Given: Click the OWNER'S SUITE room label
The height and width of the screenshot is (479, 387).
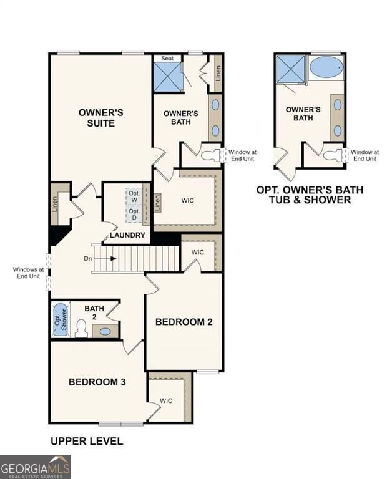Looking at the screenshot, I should (100, 118).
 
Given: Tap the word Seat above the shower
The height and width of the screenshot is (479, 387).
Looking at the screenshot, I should (167, 58).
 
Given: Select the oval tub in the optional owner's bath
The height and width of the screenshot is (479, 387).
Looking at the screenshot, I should (326, 67).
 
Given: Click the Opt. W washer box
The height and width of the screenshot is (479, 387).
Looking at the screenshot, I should (134, 196).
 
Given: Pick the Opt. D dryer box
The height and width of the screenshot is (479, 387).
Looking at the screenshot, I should (134, 214).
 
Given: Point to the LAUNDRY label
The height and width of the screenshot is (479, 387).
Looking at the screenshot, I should (127, 235).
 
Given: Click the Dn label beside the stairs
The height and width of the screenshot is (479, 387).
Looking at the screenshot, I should (88, 258).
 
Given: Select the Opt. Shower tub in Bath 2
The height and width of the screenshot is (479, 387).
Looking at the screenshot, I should (60, 319).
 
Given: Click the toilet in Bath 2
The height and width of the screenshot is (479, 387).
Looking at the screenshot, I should (81, 329).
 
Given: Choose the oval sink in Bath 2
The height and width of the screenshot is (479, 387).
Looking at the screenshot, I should (105, 331).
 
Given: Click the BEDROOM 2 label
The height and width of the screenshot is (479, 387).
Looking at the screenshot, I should (184, 322).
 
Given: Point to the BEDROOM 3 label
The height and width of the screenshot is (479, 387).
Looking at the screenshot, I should (97, 382).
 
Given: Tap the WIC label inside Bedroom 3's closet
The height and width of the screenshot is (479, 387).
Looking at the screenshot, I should (166, 400).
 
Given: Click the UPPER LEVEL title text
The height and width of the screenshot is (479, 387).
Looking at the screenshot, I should (87, 442).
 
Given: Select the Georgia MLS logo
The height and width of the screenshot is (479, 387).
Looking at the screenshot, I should (36, 467).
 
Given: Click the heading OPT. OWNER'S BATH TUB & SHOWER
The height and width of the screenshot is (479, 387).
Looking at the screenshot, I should (310, 195).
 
